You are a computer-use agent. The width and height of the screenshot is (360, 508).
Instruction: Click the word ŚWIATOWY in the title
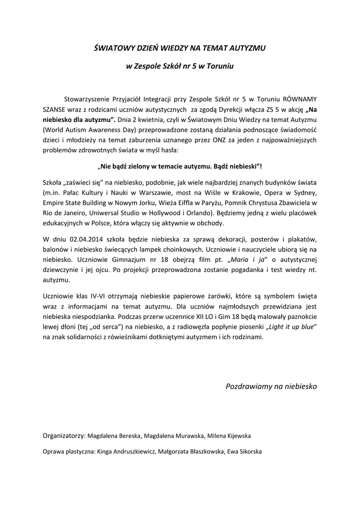[113, 48]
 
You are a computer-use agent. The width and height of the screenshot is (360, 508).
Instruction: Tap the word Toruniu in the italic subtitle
[220, 66]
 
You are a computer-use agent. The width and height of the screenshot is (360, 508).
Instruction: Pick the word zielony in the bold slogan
[140, 166]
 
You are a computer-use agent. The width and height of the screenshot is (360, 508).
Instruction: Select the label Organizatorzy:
[64, 436]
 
